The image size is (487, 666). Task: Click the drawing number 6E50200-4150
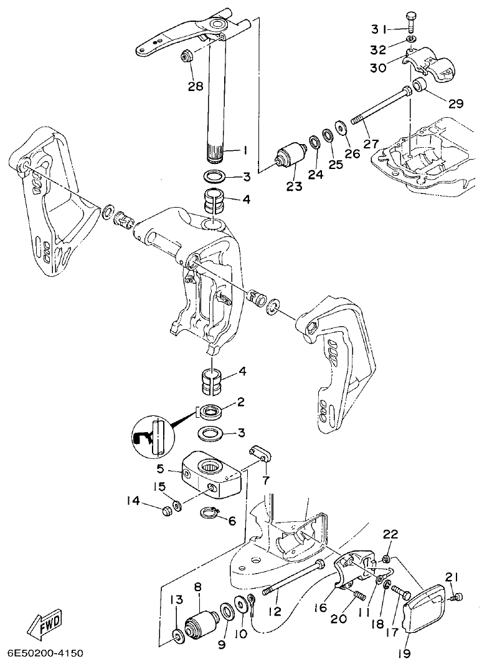click(x=44, y=654)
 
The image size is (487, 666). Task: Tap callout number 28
click(x=196, y=86)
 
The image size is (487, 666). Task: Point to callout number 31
click(x=380, y=29)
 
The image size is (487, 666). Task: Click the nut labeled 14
click(x=167, y=512)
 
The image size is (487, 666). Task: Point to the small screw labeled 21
click(x=458, y=597)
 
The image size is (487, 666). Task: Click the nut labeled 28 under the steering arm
click(x=186, y=56)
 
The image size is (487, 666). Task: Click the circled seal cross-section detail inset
click(x=153, y=435)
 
